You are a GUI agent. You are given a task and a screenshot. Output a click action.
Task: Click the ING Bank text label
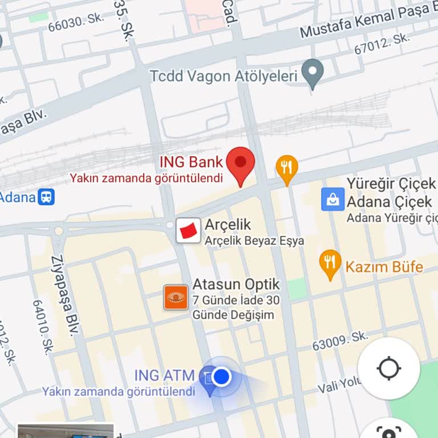click(191, 161)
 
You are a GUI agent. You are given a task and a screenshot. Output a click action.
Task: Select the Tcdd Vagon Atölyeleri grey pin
click(313, 73)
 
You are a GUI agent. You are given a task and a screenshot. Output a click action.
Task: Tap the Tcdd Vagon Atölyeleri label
click(224, 76)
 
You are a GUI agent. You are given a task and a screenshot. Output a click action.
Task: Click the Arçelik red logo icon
click(188, 230)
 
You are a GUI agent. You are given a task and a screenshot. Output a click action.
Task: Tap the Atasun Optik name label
click(236, 284)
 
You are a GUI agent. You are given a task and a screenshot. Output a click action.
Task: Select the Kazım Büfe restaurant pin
click(330, 263)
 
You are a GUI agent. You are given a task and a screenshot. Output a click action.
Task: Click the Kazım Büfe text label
click(384, 266)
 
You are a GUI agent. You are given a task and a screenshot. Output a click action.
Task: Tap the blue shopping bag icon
click(332, 199)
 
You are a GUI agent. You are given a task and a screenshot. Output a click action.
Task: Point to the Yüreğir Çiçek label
click(391, 184)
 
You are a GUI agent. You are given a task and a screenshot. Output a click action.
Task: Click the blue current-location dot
click(222, 376)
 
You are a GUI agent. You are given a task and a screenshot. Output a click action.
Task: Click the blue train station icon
click(46, 197)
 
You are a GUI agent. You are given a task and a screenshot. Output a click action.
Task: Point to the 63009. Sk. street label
click(340, 341)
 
